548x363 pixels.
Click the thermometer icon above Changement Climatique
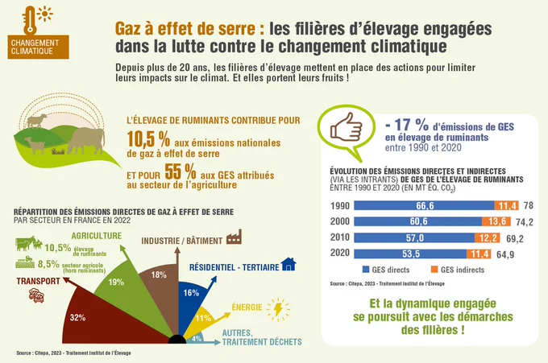pos(30,20)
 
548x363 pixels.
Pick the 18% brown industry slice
pos(160,287)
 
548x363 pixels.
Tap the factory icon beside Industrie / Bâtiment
pos(235,237)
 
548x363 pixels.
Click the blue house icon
pos(289,264)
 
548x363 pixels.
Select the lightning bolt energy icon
pos(278,309)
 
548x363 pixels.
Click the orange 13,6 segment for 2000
pos(496,221)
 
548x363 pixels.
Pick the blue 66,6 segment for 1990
pos(424,205)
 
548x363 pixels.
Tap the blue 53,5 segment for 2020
pos(410,254)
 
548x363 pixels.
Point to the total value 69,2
pos(515,238)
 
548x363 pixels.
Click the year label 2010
pos(340,237)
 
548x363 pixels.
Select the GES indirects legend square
pos(434,270)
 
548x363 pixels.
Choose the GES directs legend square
pos(366,270)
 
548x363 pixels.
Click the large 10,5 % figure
pos(148,139)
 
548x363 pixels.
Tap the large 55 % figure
pos(180,171)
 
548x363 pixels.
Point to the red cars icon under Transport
pos(36,295)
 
